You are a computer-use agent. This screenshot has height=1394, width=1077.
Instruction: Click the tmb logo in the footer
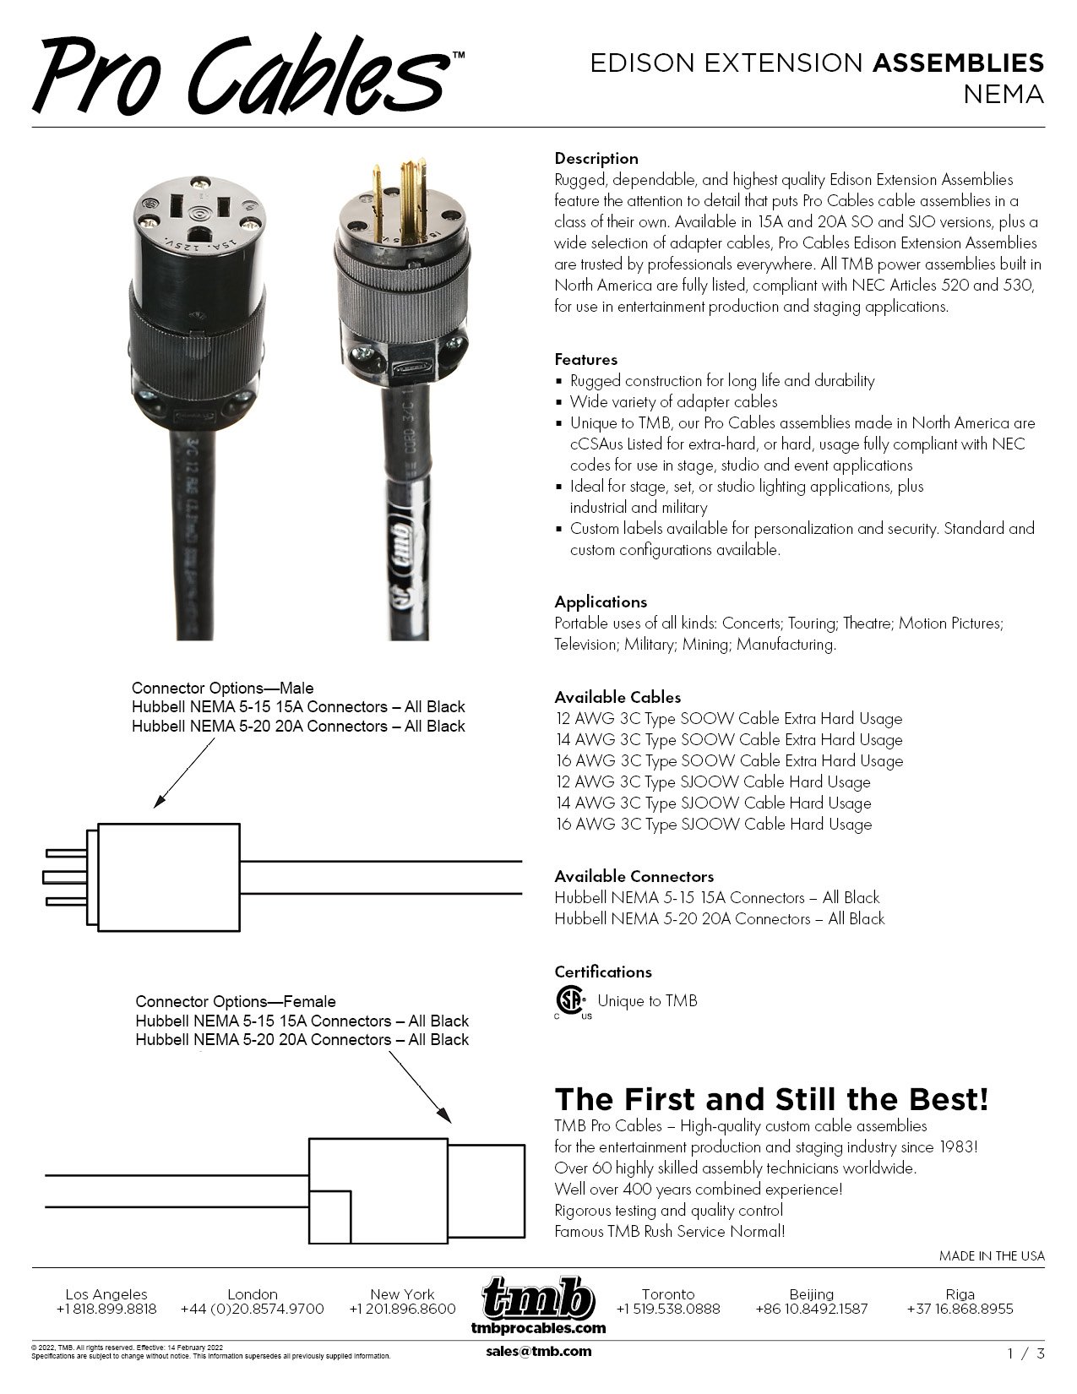538,1298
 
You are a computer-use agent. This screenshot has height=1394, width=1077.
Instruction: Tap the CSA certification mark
570,1001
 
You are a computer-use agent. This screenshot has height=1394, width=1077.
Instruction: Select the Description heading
596,158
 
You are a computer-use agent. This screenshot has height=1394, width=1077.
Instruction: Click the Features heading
585,359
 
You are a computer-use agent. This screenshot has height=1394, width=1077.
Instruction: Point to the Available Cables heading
617,697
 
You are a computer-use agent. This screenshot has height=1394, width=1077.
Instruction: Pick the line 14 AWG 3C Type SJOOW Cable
713,803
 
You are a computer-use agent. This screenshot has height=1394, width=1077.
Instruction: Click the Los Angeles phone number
106,1309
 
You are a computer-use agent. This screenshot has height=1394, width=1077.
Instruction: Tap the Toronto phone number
668,1309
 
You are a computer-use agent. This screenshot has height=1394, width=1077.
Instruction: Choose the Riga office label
960,1293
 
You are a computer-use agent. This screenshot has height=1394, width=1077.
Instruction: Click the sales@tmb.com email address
539,1351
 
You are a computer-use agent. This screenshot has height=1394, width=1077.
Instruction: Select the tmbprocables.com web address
538,1327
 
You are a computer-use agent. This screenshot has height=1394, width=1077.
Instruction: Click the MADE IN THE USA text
992,1255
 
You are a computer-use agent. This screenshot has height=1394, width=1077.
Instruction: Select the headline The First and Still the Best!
771,1099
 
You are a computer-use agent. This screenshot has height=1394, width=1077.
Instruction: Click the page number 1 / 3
1026,1353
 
